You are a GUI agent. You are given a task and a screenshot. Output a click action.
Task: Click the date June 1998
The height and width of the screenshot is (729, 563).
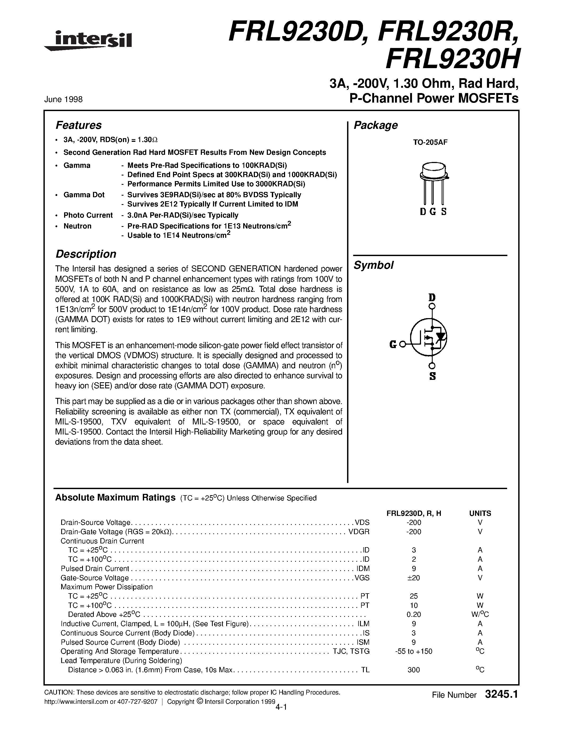pyautogui.click(x=63, y=99)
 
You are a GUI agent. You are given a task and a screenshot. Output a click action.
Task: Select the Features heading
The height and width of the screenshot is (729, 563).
pyautogui.click(x=78, y=125)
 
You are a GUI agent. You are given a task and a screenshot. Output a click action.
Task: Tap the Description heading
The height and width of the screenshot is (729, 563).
pyautogui.click(x=86, y=254)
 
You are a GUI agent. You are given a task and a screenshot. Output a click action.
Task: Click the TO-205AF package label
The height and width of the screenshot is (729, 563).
pyautogui.click(x=430, y=142)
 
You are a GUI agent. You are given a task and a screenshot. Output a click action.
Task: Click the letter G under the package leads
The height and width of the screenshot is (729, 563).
pyautogui.click(x=433, y=212)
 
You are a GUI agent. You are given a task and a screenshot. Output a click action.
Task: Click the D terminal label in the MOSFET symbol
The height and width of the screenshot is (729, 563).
pyautogui.click(x=432, y=297)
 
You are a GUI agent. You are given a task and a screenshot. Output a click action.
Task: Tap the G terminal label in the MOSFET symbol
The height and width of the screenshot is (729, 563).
pyautogui.click(x=393, y=344)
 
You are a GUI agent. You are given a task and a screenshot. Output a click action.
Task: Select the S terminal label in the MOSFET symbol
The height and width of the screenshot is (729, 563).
pyautogui.click(x=432, y=376)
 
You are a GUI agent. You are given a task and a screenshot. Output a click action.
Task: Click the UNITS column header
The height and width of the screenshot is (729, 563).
pyautogui.click(x=480, y=513)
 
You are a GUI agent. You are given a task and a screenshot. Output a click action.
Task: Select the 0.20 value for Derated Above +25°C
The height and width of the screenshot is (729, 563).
pyautogui.click(x=414, y=614)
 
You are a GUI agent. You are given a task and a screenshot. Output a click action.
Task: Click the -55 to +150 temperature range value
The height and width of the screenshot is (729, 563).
pyautogui.click(x=414, y=651)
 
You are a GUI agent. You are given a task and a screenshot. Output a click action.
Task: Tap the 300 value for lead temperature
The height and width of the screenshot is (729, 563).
pyautogui.click(x=414, y=670)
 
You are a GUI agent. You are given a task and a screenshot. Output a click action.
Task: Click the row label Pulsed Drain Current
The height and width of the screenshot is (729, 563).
pyautogui.click(x=95, y=568)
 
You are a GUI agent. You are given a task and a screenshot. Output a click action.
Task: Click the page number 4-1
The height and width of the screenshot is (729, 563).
pyautogui.click(x=282, y=707)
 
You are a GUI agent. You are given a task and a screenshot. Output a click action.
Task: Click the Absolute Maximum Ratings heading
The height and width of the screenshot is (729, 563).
pyautogui.click(x=115, y=498)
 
